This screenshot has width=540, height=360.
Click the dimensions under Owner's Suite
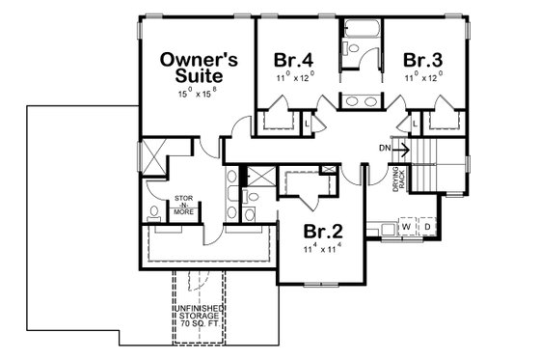click(x=197, y=95)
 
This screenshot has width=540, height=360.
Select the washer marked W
click(x=407, y=229)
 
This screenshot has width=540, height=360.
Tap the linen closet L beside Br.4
click(x=308, y=125)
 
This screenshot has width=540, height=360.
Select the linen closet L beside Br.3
click(x=414, y=125)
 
